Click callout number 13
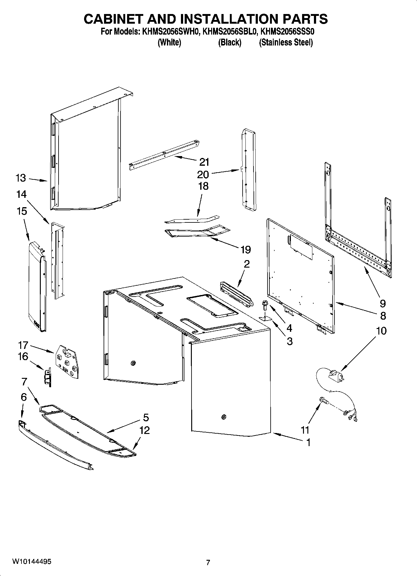(x=21, y=178)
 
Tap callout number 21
(x=204, y=162)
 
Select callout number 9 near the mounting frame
(x=383, y=303)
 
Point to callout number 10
(x=381, y=331)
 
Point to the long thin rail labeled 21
(x=163, y=154)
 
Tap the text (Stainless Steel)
(x=286, y=42)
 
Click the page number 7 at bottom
(x=208, y=562)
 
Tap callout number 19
(x=245, y=249)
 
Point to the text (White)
(x=169, y=42)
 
